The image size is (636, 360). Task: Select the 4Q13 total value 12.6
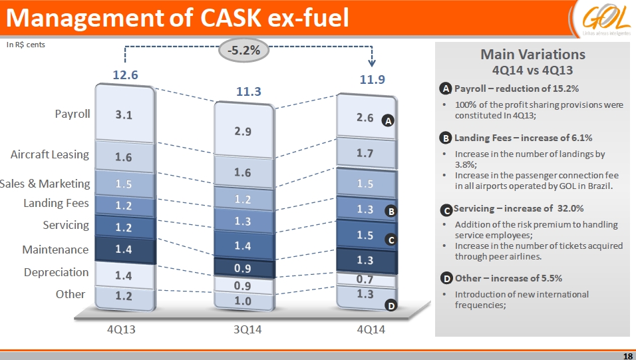click(x=125, y=75)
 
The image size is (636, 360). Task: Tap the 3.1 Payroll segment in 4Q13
click(x=124, y=114)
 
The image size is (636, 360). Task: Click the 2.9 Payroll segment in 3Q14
click(x=243, y=131)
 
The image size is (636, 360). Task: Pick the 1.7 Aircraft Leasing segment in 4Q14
click(x=365, y=153)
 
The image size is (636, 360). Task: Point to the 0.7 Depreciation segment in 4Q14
click(x=365, y=279)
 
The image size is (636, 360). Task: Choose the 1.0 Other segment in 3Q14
click(x=243, y=301)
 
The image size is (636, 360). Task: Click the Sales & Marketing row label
click(x=45, y=184)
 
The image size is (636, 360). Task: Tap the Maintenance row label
click(x=55, y=250)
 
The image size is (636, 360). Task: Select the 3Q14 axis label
click(x=243, y=329)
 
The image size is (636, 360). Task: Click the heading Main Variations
click(x=533, y=54)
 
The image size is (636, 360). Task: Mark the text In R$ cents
click(x=26, y=45)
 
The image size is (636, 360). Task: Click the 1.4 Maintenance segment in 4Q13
click(x=124, y=250)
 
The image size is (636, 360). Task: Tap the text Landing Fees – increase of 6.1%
click(x=524, y=138)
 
